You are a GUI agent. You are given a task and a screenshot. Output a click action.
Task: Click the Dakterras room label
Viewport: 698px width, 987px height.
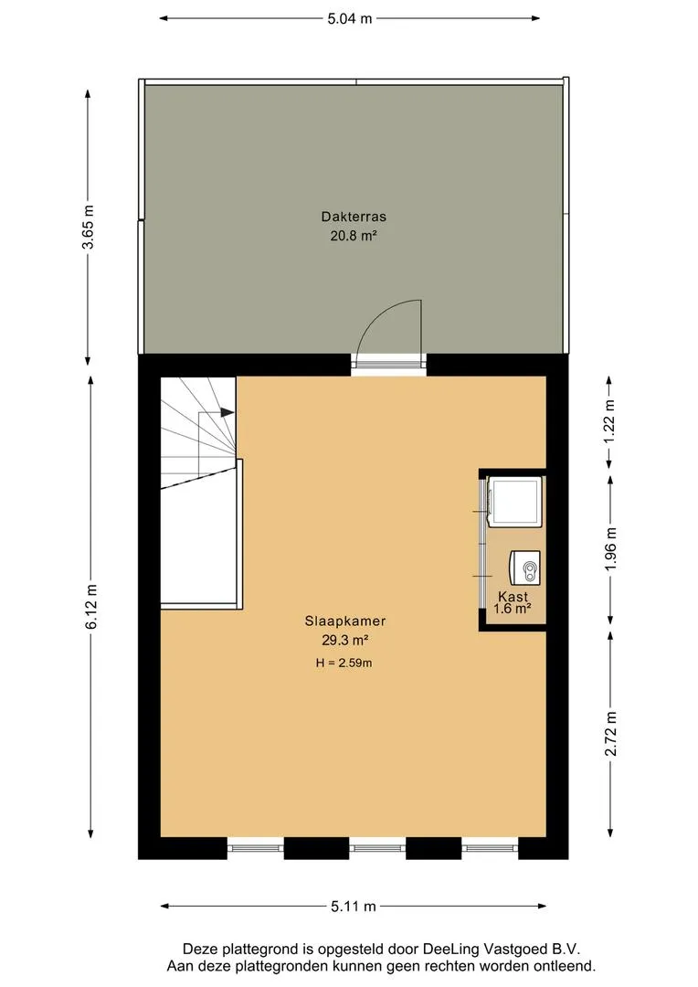tap(354, 217)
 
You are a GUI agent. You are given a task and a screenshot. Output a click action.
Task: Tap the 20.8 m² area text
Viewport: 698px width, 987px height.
tap(354, 236)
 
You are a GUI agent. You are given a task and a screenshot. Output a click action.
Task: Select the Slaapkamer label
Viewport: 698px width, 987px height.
tap(345, 621)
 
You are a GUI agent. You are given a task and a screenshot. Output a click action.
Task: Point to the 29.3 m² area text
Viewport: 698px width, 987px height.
tap(345, 641)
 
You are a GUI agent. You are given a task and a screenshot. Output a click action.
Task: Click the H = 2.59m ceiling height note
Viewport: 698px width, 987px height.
tap(344, 663)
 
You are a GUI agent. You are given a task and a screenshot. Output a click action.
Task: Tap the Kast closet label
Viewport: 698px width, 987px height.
tap(513, 596)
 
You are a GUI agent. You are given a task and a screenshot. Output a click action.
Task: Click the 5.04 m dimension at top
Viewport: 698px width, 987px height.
tap(350, 19)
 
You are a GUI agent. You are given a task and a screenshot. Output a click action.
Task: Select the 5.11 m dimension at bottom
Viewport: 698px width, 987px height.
tap(353, 907)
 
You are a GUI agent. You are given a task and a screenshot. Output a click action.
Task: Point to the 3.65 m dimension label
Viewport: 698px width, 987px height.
tap(88, 228)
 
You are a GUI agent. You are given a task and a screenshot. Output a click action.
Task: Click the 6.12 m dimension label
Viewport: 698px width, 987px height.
tap(92, 607)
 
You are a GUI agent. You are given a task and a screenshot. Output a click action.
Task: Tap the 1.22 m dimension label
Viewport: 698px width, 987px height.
tap(609, 422)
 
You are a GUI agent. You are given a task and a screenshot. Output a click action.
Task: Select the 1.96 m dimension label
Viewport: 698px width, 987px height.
tap(610, 548)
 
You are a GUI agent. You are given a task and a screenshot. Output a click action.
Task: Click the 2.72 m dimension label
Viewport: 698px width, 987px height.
tap(610, 735)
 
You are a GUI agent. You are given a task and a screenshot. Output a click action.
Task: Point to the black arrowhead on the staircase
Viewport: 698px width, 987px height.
tap(227, 413)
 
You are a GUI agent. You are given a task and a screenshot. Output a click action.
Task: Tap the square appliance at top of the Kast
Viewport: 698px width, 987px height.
tap(515, 501)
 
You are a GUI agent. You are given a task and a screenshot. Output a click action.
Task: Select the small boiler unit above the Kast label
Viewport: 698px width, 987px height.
tap(525, 568)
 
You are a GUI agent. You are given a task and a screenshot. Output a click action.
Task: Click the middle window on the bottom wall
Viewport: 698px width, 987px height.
tap(377, 848)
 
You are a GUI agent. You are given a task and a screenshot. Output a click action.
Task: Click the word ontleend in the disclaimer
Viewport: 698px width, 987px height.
tap(566, 966)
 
